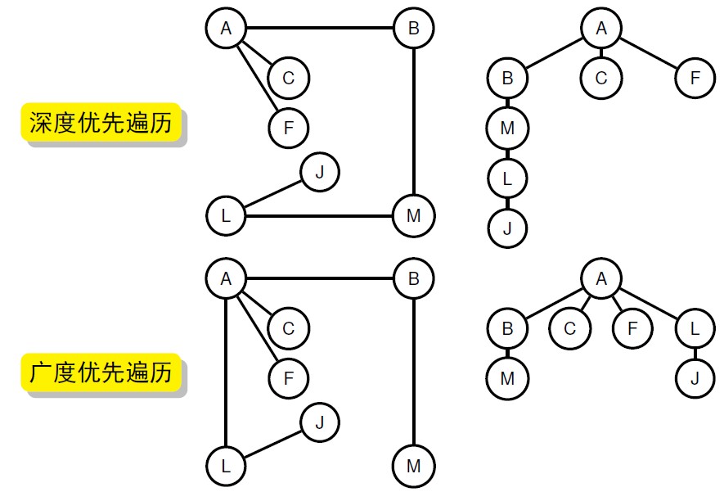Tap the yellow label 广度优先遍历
click(x=102, y=373)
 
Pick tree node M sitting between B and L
click(x=508, y=129)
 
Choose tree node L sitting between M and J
click(x=508, y=178)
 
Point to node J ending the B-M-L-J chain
click(x=508, y=228)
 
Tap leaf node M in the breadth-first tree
click(x=508, y=379)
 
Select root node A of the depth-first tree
click(x=602, y=29)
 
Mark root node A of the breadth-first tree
click(x=602, y=279)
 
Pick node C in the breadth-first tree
click(x=570, y=329)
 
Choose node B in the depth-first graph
click(x=414, y=29)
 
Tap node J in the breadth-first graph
click(x=320, y=423)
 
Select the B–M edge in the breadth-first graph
click(x=414, y=372)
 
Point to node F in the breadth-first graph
click(x=289, y=379)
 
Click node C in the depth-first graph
click(x=289, y=79)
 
